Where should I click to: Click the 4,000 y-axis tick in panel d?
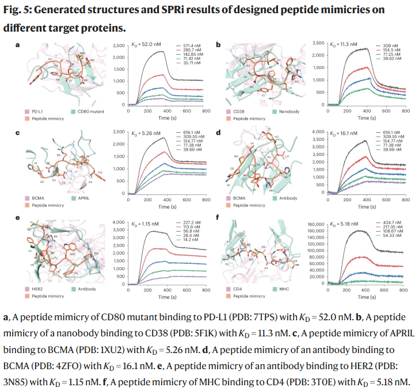click(x=319, y=132)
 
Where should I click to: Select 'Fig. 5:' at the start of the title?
click(x=21, y=10)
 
